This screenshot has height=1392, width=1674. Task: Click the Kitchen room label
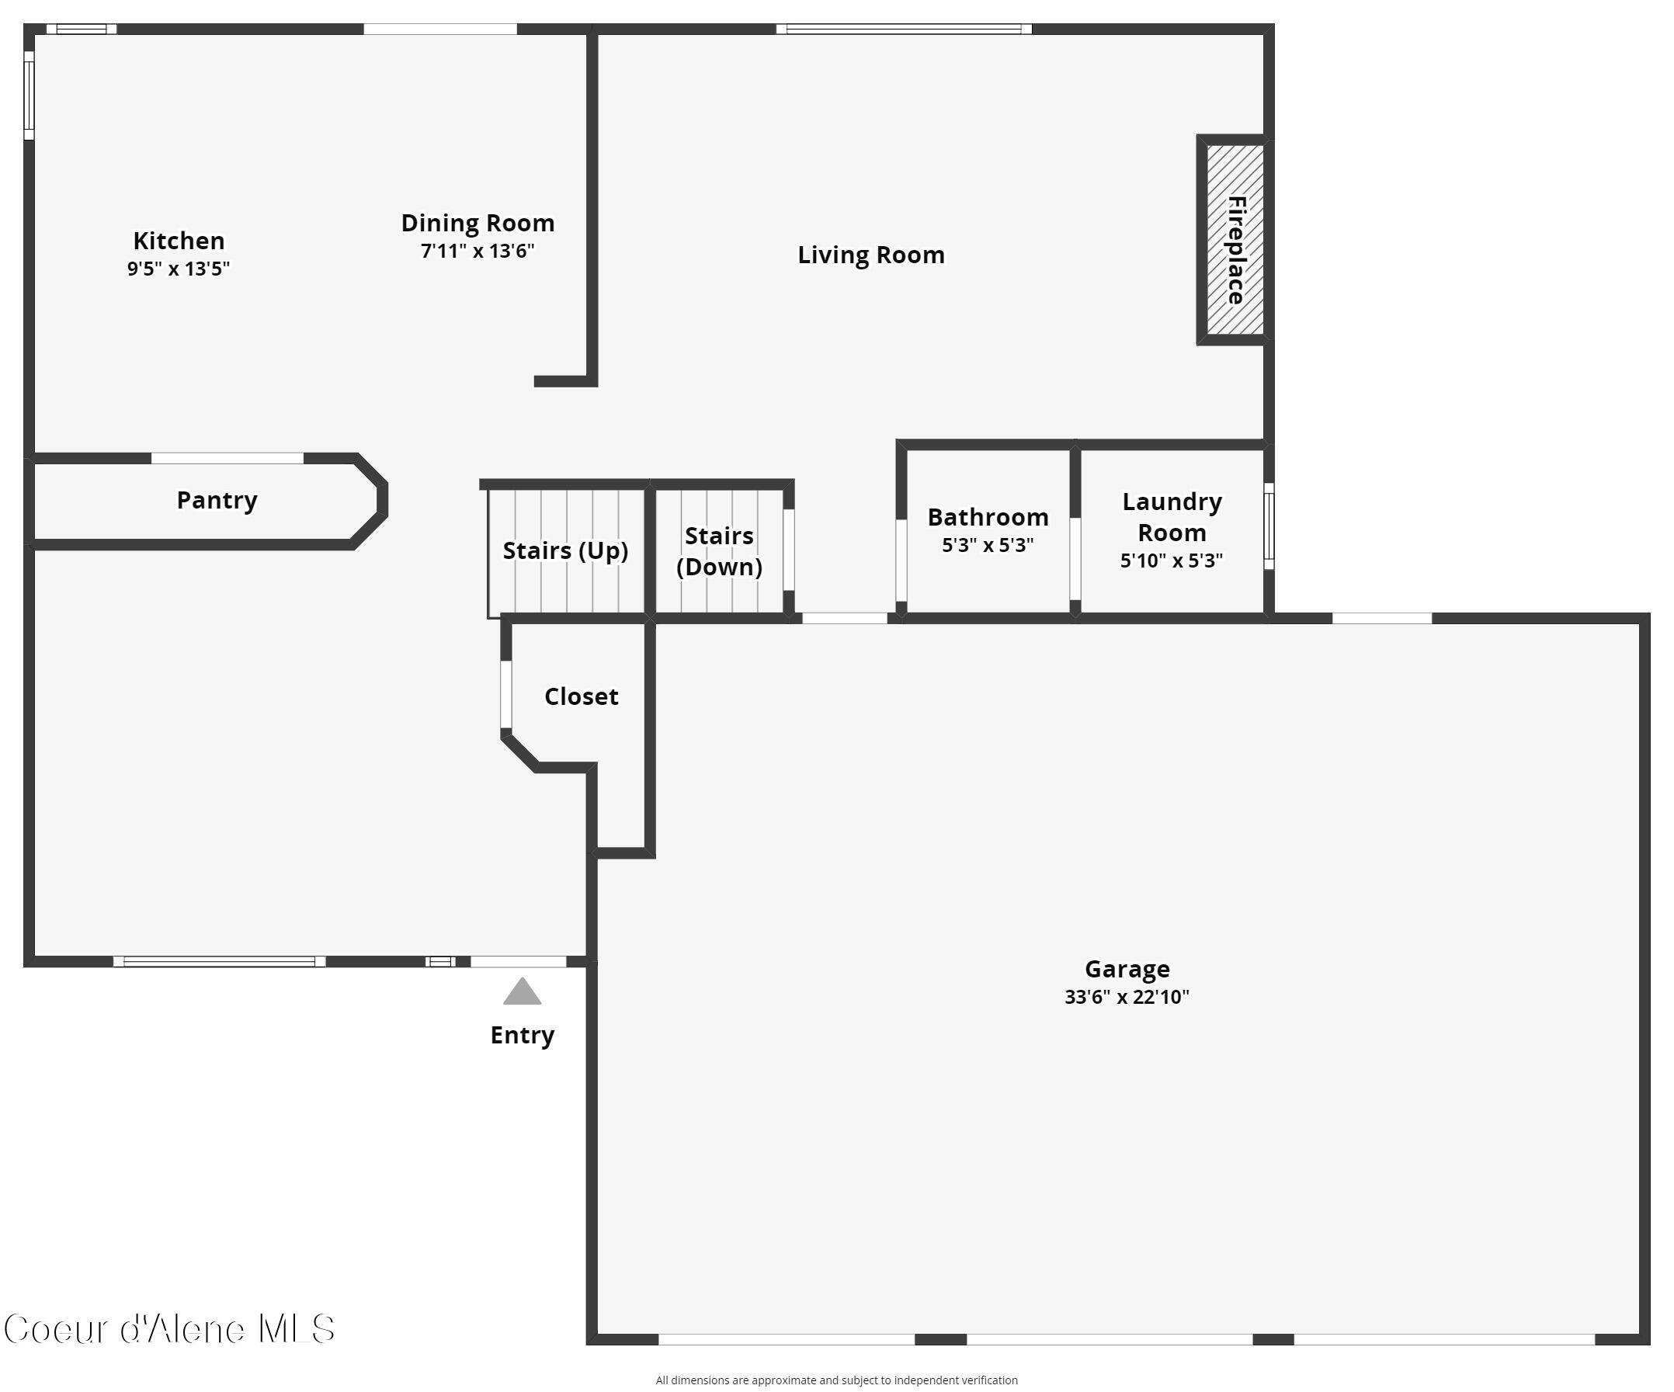(179, 241)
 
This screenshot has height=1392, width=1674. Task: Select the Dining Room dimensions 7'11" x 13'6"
(478, 251)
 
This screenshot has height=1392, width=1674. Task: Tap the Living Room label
(870, 255)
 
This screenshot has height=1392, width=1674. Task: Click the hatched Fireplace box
(1234, 240)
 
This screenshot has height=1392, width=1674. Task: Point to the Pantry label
(217, 501)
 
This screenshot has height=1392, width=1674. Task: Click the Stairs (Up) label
(565, 551)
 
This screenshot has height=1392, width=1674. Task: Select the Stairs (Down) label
(719, 551)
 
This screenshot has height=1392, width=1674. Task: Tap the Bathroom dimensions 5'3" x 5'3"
(988, 545)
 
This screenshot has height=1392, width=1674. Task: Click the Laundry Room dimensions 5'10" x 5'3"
(1171, 561)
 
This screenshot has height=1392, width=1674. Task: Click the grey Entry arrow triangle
(522, 993)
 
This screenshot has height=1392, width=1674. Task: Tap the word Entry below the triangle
(522, 1035)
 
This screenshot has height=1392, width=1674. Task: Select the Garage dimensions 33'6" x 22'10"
(1127, 997)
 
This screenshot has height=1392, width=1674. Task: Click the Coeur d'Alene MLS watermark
(169, 1329)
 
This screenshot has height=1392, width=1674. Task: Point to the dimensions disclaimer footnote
(836, 1380)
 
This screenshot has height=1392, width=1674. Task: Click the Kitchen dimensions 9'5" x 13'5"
(179, 269)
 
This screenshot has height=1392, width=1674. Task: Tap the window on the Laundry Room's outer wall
(1268, 526)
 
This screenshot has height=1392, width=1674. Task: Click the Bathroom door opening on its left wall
(901, 560)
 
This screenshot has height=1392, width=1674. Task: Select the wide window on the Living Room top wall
(904, 30)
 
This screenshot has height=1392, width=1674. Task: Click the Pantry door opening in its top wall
(227, 458)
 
